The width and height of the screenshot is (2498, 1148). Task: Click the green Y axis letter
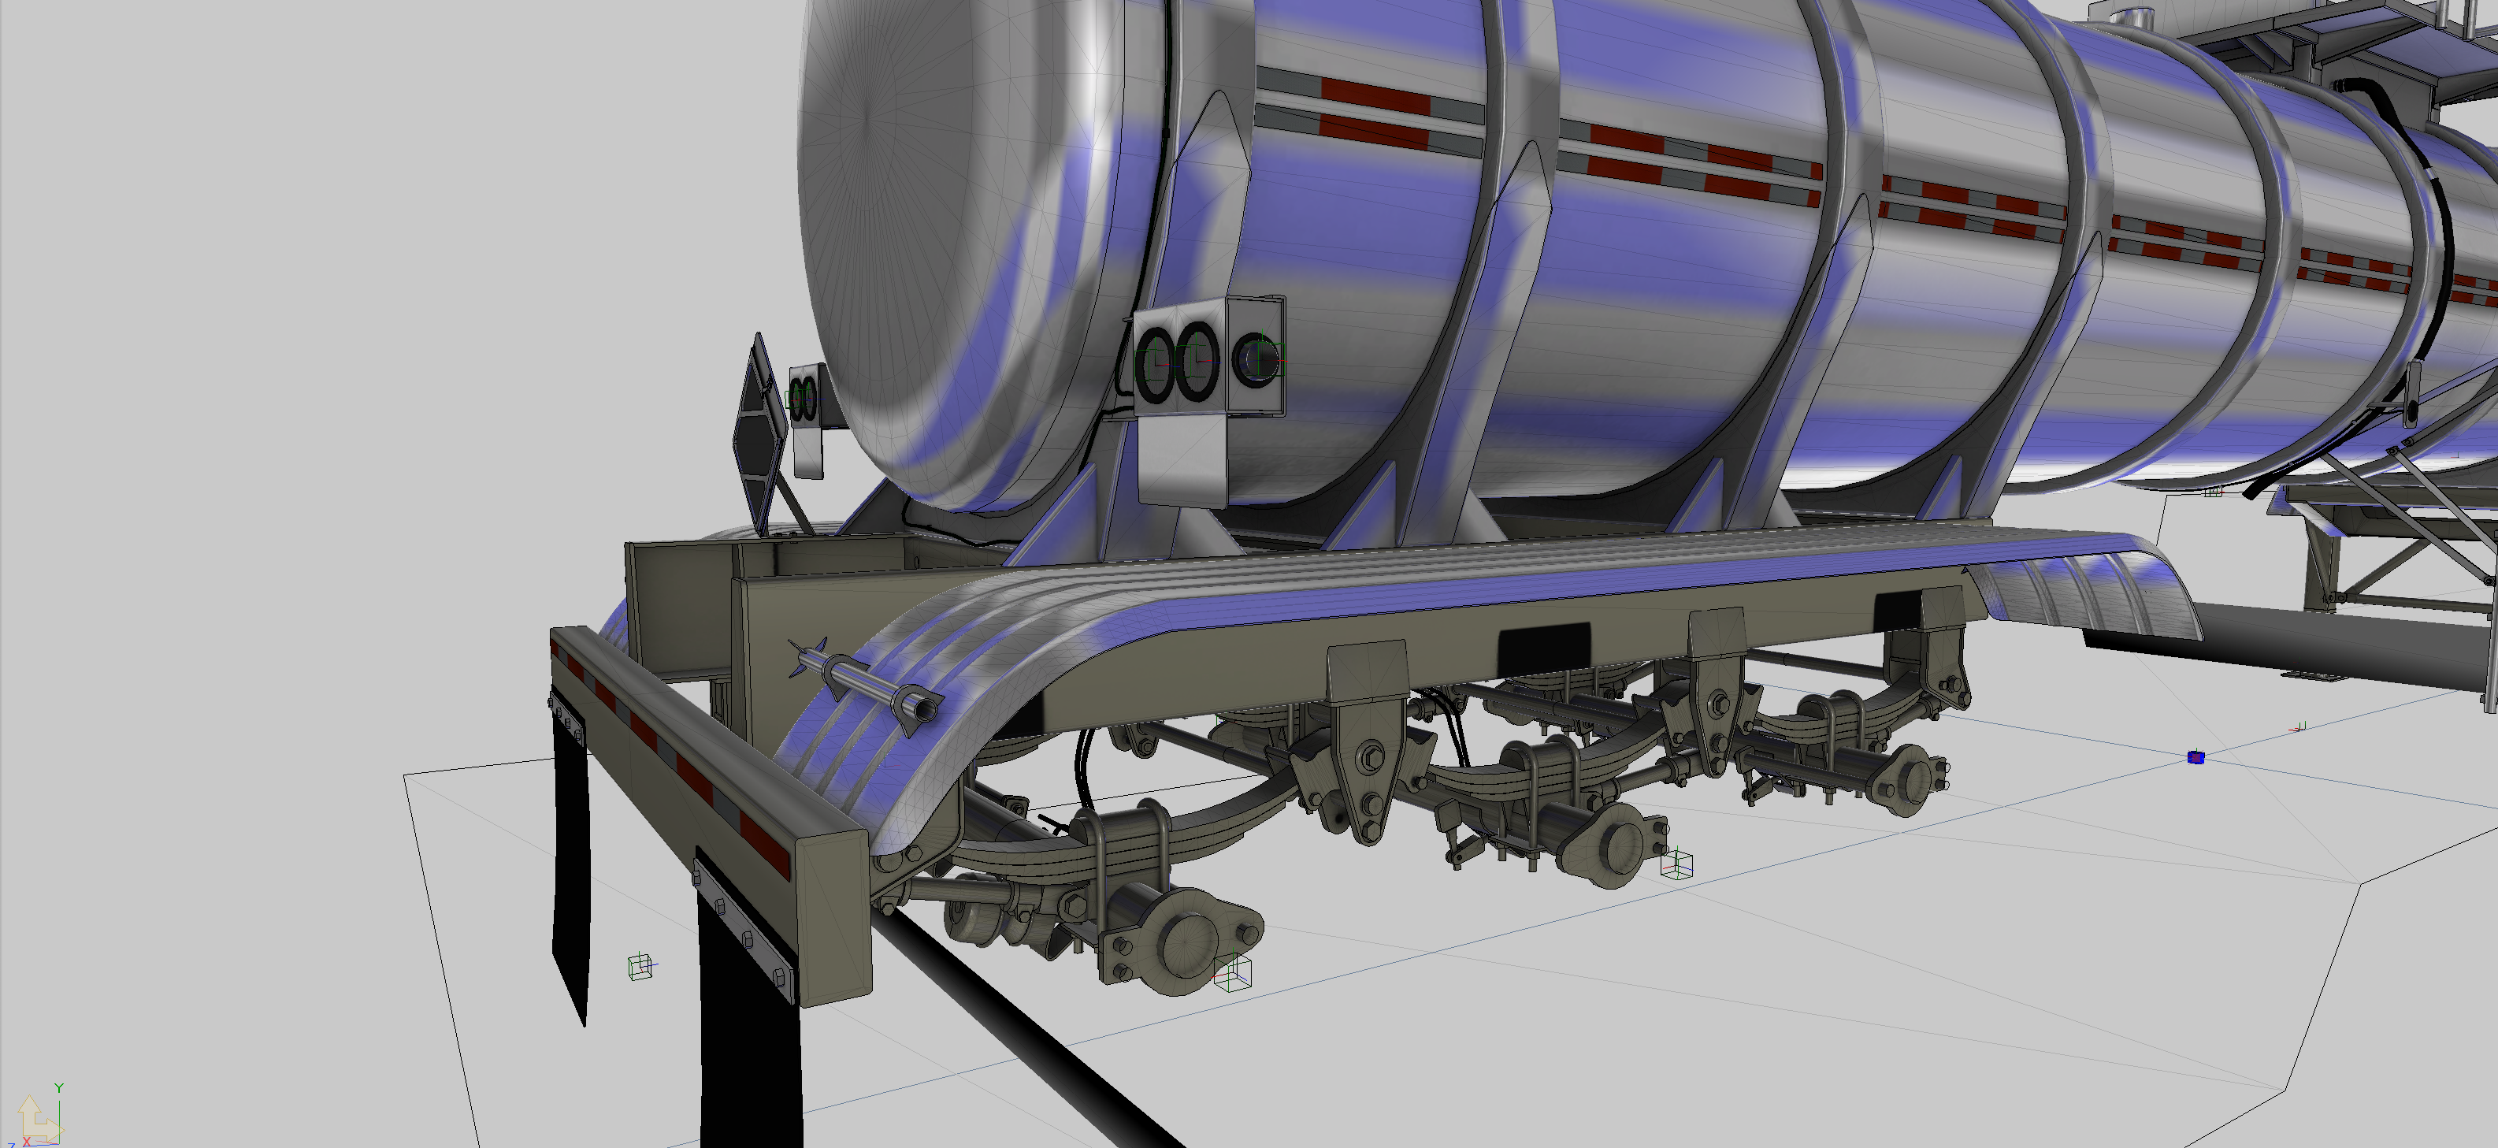pos(59,1089)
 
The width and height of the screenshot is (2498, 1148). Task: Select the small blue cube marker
pos(2196,757)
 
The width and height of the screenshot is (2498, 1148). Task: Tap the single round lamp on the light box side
pos(1256,359)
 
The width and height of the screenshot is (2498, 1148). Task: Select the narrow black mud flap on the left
pos(570,863)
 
